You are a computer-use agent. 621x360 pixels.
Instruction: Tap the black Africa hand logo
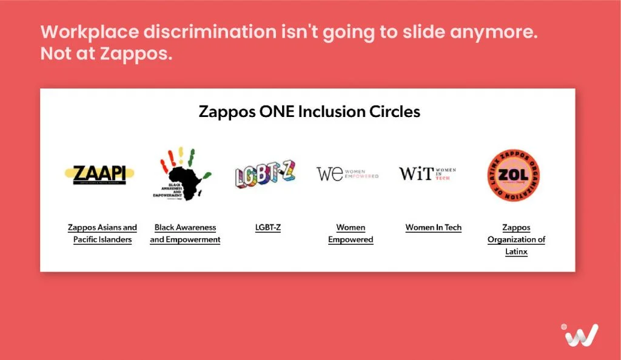click(x=181, y=174)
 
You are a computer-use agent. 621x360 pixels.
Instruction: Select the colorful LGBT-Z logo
click(x=265, y=174)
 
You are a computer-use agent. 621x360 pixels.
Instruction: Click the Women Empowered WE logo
click(x=347, y=173)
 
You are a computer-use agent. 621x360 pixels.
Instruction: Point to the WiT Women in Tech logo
click(x=428, y=173)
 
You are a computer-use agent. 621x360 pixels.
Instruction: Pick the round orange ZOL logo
click(x=515, y=176)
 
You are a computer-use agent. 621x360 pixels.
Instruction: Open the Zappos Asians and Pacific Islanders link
click(x=102, y=233)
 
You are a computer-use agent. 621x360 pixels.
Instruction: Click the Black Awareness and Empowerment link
click(x=185, y=233)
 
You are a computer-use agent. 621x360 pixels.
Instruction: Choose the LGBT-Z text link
click(x=268, y=228)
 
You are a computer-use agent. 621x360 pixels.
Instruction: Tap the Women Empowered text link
click(x=351, y=233)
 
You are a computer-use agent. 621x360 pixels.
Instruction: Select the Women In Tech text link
click(x=434, y=228)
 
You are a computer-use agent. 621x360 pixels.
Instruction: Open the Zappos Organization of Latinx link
click(x=516, y=239)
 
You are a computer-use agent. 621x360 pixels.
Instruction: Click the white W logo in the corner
click(x=580, y=335)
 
